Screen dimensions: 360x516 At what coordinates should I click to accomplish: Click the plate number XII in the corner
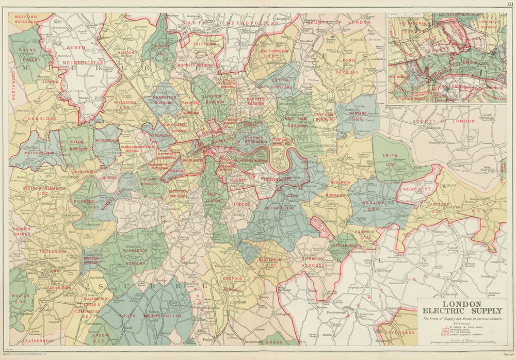[509, 4]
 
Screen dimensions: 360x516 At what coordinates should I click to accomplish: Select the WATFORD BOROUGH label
[26, 20]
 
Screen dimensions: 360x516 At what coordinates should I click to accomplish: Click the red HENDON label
[126, 53]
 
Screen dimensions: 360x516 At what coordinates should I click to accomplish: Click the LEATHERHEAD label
[30, 341]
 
